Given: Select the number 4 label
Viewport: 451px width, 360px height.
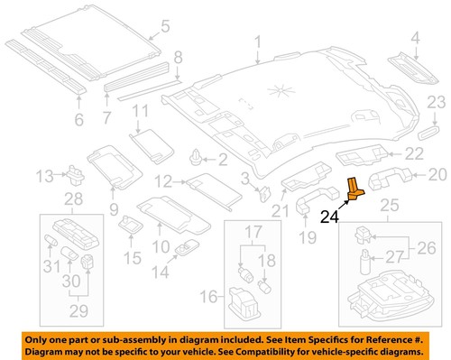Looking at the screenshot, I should [415, 37].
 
